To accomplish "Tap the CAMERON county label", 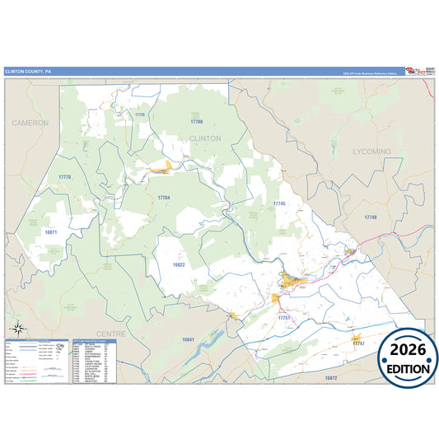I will pos(30,122).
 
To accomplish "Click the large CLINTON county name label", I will pos(205,138).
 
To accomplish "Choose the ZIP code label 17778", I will pos(65,178).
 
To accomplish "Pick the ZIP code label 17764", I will pos(164,198).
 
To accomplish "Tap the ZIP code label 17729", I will pos(140,114).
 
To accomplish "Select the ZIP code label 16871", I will pos(51,232).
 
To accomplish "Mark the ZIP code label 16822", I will pos(180,265).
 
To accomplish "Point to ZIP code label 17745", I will pos(279,203).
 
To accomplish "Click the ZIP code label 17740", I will pos(370,217).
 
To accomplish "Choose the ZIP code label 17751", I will pos(285,317).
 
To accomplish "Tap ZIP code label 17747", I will pos(358,343).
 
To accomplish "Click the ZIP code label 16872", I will pos(331,377).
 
